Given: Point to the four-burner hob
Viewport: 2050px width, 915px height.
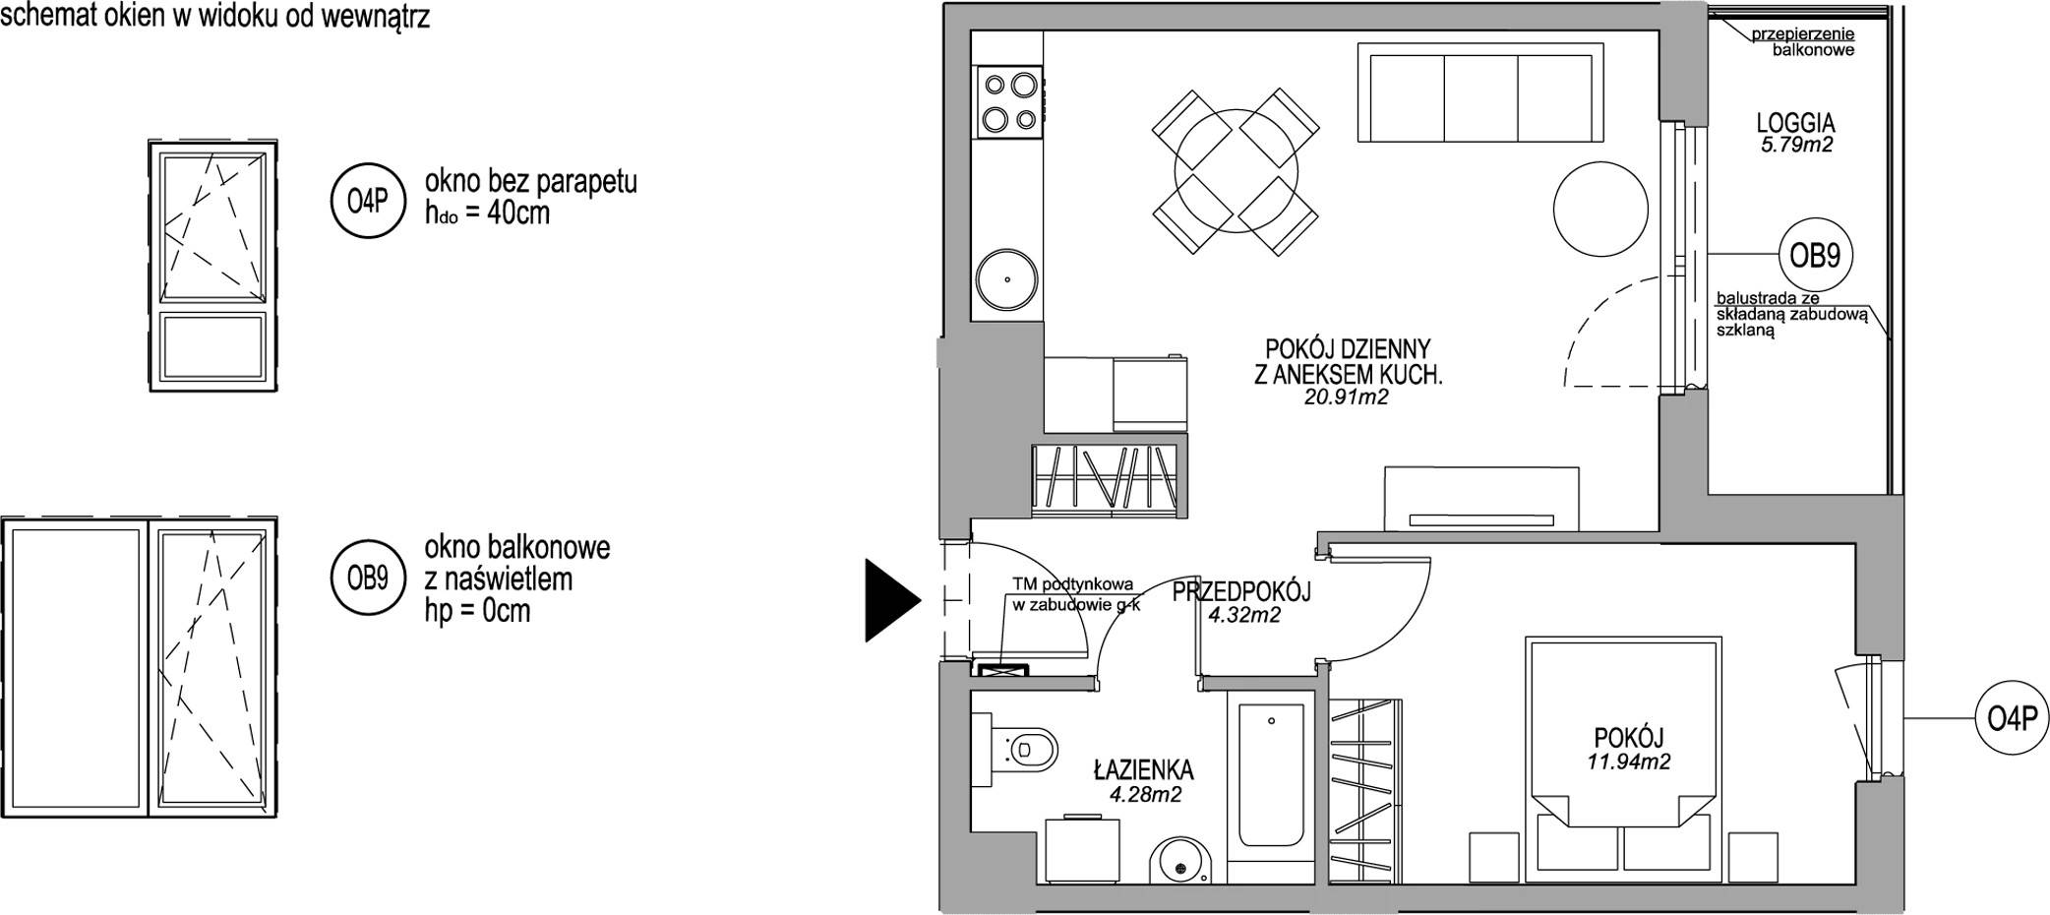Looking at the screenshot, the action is tap(1008, 101).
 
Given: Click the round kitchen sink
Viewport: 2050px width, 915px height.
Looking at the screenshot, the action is tap(1007, 279).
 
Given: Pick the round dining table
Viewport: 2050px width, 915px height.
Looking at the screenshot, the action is tap(1235, 174).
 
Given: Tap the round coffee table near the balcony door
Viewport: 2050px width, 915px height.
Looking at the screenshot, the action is tap(1599, 209).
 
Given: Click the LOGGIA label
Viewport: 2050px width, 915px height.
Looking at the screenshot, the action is tap(1795, 124).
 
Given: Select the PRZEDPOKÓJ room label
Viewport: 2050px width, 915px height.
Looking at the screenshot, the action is tap(1242, 592).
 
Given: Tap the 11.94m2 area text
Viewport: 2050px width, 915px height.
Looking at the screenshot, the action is tap(1628, 761).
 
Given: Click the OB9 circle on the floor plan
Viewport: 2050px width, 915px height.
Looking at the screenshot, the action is tap(1815, 256).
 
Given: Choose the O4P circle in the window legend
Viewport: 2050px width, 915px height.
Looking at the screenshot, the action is tap(368, 202).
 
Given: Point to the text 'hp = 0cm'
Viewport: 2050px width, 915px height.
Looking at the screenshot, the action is tap(477, 611).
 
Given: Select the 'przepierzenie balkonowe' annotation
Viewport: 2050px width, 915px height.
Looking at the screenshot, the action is tap(1802, 41).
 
